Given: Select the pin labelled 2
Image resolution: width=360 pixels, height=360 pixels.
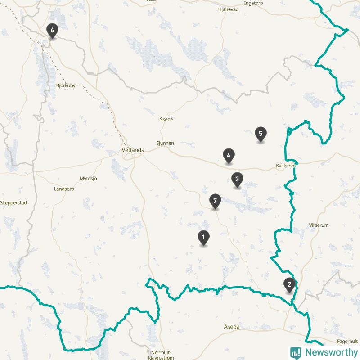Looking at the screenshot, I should pos(289,284).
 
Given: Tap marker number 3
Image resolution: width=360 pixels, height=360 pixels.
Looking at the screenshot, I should pos(237,180).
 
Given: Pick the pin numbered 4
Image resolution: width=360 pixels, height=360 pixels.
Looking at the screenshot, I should pos(229,156).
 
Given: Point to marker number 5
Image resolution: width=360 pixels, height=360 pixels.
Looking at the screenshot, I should pos(260,134).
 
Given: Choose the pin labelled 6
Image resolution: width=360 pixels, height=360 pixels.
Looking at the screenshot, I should pos(52,31).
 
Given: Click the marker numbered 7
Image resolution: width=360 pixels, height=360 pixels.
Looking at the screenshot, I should pos(216,201).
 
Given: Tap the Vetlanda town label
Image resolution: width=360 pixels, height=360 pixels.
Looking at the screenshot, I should pos(133,150).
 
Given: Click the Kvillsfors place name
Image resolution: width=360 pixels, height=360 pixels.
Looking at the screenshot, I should pos(286,166).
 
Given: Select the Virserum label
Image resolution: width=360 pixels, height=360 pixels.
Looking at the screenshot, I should pos(319,225).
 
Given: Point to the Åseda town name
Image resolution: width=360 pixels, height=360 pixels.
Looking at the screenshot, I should pos(232,327).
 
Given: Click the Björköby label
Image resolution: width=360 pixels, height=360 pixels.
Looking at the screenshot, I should pos(66,85).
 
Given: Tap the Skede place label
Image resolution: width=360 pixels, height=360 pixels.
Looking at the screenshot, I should pos(166,120).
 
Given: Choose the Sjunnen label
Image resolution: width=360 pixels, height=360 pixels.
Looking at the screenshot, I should pos(165,143).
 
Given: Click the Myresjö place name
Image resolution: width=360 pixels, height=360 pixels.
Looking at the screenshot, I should pos(88,179).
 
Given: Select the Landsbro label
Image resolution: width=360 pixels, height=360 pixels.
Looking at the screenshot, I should pos(64,189).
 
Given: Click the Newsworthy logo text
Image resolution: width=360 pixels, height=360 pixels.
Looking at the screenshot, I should pos(331,352).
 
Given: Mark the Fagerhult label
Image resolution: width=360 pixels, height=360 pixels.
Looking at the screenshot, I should pos(347,341).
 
